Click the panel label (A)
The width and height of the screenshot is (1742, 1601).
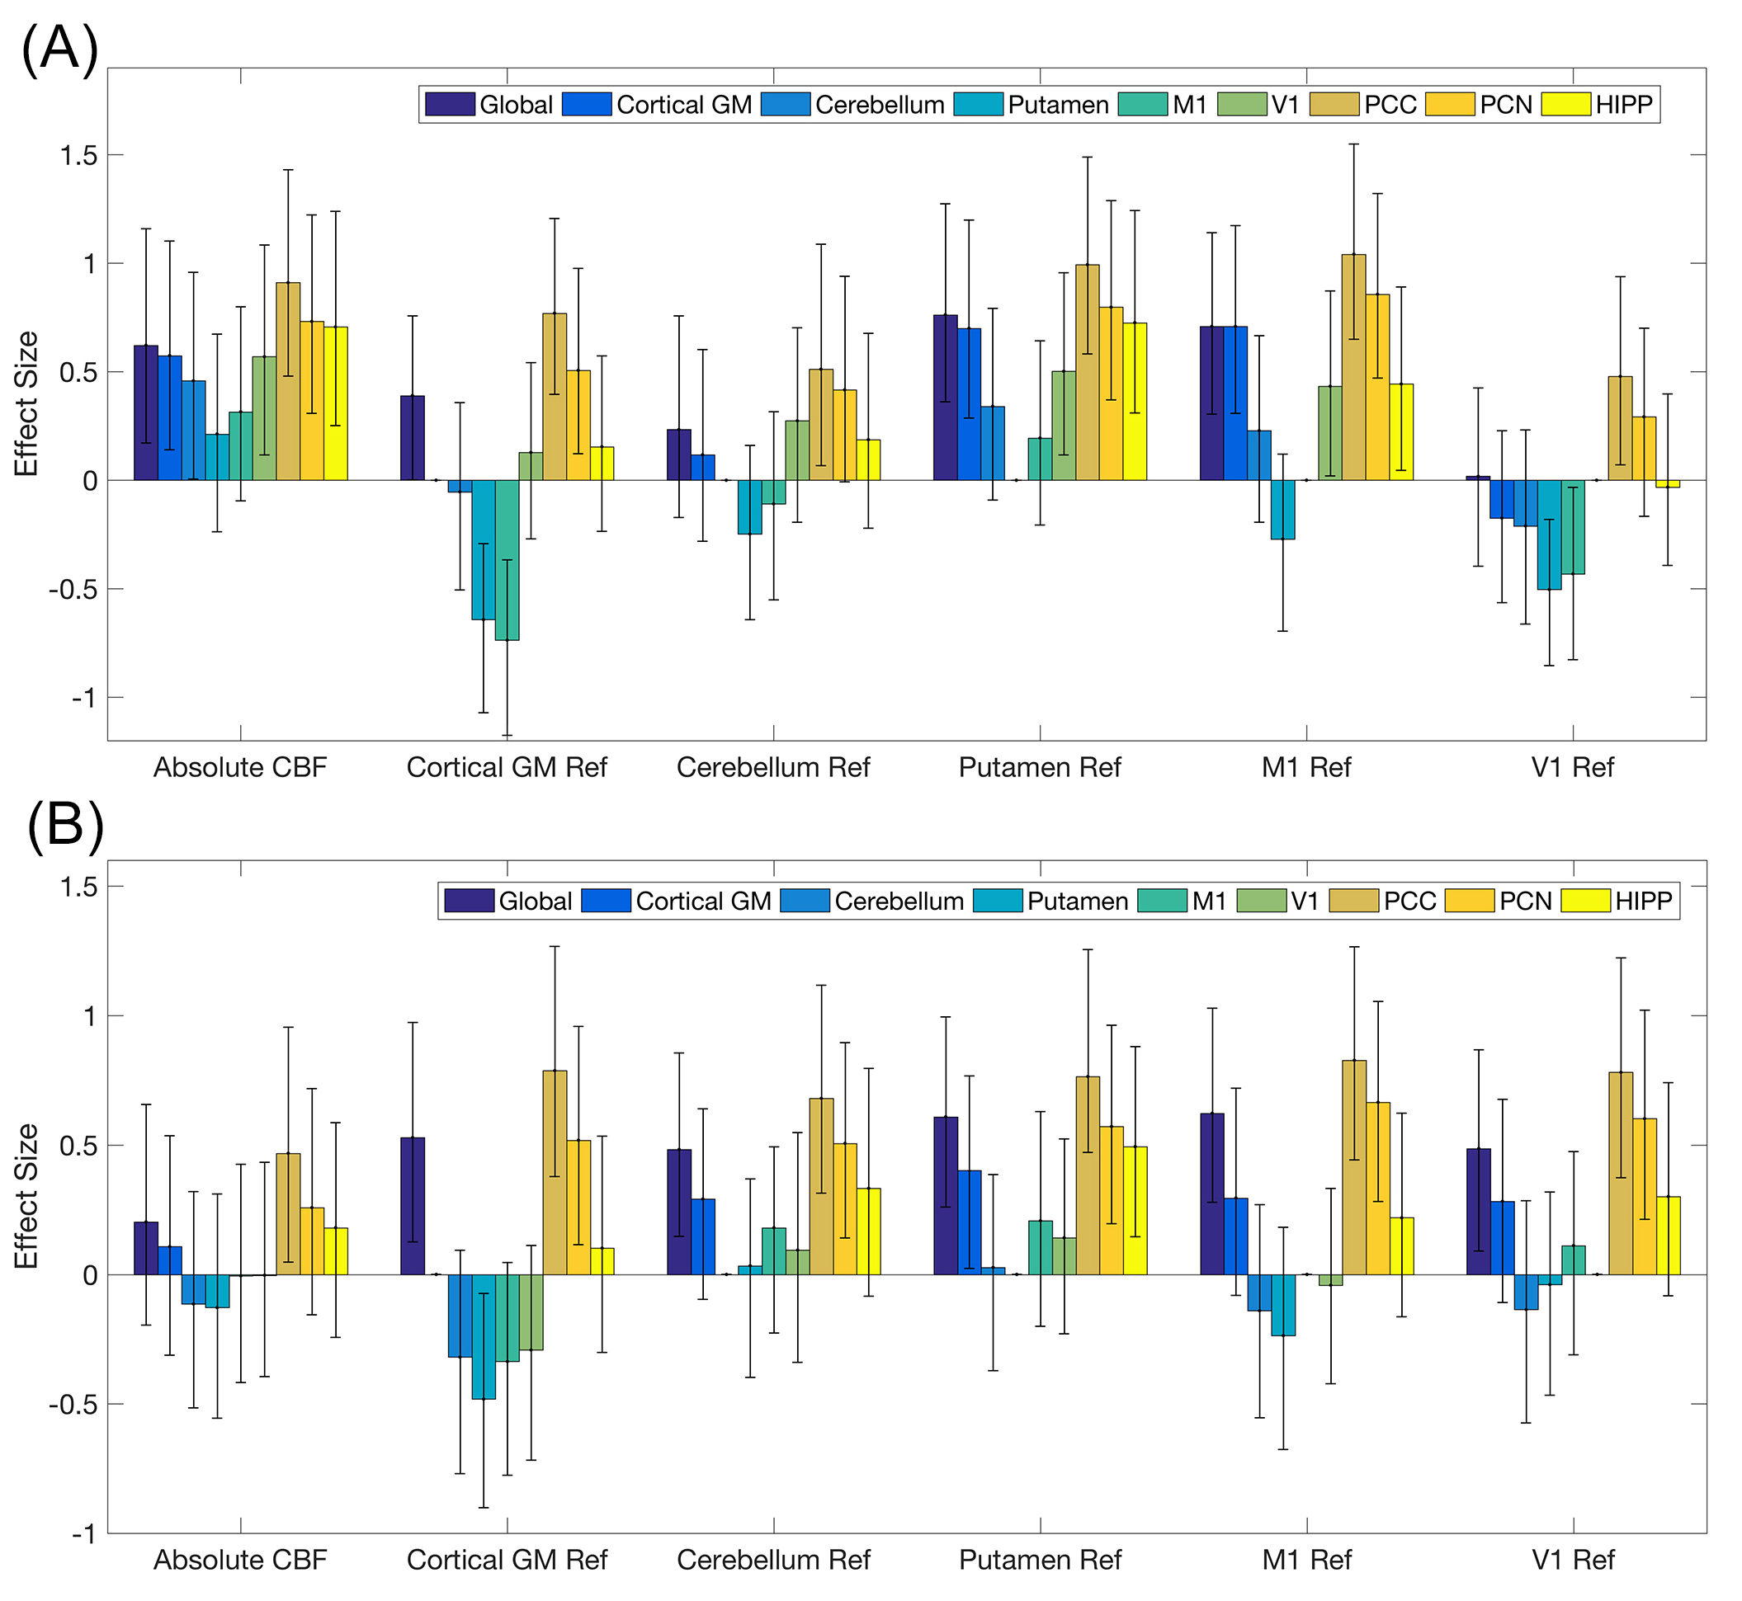[x=59, y=49]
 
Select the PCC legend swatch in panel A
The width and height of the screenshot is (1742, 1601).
[x=1334, y=105]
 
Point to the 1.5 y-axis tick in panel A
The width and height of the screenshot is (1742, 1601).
[x=79, y=155]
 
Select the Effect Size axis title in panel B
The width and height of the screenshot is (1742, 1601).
[x=27, y=1196]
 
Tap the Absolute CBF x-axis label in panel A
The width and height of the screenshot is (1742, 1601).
[x=240, y=768]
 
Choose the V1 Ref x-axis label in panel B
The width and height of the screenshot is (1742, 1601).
[x=1572, y=1561]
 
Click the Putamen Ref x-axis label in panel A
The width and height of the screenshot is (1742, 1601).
[x=1039, y=768]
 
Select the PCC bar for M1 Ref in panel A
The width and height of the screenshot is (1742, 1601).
[x=1353, y=367]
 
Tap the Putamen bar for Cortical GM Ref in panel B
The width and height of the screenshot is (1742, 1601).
[x=484, y=1337]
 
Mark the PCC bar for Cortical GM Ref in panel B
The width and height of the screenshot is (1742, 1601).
[x=555, y=1173]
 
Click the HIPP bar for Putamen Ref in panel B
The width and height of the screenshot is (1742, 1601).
[x=1135, y=1210]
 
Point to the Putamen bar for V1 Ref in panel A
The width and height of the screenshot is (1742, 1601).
[x=1549, y=534]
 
